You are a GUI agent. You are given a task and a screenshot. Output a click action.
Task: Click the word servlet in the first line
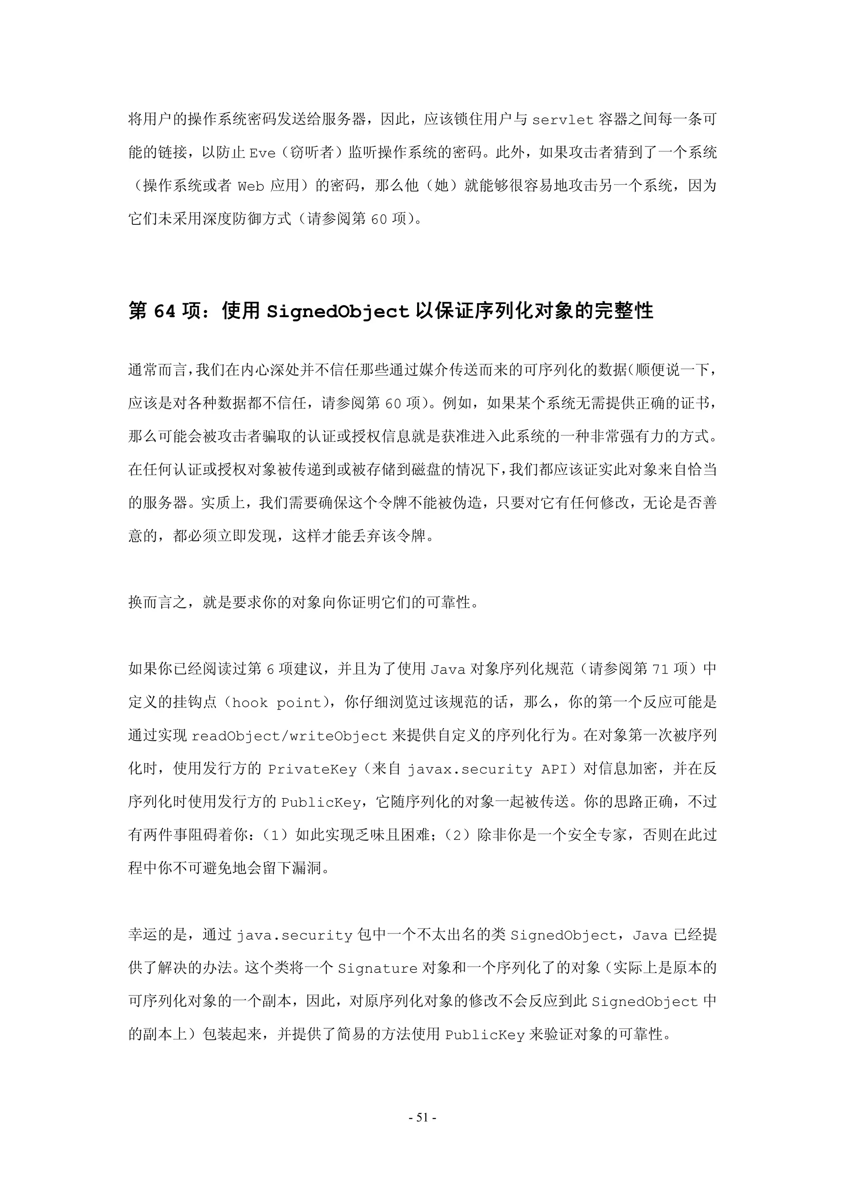pyautogui.click(x=562, y=120)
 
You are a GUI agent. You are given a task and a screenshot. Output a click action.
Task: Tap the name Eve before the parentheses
pyautogui.click(x=262, y=153)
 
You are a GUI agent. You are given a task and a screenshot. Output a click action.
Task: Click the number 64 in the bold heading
pyautogui.click(x=165, y=311)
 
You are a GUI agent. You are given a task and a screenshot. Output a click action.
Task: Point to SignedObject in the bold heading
pyautogui.click(x=338, y=312)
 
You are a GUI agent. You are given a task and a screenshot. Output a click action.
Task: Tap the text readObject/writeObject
pyautogui.click(x=290, y=736)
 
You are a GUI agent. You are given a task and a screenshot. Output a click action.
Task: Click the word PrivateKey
pyautogui.click(x=312, y=770)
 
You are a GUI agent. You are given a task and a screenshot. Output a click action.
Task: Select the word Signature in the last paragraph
pyautogui.click(x=378, y=969)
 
